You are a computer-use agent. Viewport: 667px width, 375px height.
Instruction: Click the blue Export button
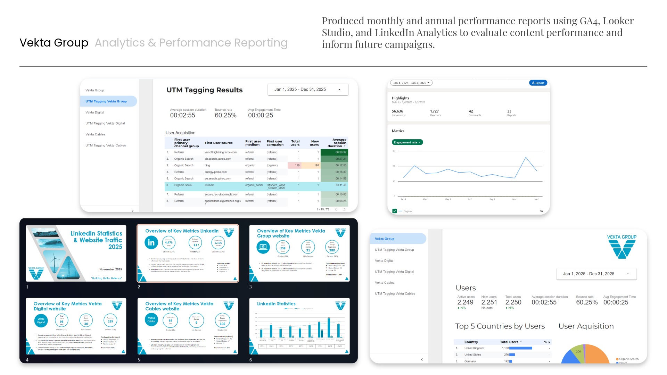point(538,83)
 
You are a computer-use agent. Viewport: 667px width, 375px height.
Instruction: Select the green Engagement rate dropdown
point(407,142)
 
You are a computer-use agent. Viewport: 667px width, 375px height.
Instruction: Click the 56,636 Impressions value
point(397,111)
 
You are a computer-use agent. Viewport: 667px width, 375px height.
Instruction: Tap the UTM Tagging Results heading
point(204,90)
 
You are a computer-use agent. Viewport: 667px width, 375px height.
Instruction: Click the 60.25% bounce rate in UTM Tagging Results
point(225,115)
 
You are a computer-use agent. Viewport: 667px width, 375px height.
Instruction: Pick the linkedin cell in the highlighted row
point(209,185)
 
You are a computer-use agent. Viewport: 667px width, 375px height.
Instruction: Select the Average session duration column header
point(337,143)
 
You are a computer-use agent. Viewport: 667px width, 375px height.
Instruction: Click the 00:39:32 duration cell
point(340,152)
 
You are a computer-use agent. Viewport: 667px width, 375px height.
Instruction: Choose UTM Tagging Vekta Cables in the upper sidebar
point(106,145)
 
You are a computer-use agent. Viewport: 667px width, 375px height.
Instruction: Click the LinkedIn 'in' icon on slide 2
point(151,243)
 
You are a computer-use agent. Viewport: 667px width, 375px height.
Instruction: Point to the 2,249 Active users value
point(465,302)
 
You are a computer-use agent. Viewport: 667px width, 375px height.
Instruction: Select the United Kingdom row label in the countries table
point(474,348)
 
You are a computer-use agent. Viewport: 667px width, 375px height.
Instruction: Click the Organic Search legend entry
point(628,359)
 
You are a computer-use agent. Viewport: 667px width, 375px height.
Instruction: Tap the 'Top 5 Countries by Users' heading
point(500,326)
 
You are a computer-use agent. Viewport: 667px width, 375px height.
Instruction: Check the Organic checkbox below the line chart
point(395,211)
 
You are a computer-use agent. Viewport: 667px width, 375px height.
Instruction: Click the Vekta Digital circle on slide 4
point(41,320)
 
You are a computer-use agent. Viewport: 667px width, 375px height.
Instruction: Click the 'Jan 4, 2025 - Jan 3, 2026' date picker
point(411,83)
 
